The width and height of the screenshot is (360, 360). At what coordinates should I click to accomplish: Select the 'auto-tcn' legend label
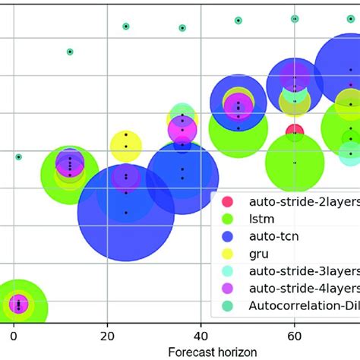273,236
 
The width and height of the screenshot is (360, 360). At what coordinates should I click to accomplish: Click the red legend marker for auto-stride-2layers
226,202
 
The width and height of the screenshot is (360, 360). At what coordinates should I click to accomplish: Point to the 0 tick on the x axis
13,335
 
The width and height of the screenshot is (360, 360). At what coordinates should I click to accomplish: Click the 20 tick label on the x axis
106,335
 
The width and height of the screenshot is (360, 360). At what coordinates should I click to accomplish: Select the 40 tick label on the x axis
200,335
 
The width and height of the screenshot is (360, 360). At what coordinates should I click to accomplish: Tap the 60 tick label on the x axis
293,335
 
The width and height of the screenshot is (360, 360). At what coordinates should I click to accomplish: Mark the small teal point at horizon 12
70,52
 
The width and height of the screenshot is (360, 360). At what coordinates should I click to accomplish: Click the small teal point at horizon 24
126,27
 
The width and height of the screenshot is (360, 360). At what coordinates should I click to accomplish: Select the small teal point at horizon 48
238,21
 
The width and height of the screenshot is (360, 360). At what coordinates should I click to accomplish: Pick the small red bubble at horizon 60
295,131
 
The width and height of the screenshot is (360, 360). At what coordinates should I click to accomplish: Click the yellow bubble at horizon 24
126,145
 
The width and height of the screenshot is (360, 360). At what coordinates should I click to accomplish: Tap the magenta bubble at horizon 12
70,163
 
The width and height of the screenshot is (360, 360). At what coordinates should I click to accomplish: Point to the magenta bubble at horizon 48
238,106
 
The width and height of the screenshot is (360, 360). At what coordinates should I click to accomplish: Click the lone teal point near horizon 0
18,156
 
